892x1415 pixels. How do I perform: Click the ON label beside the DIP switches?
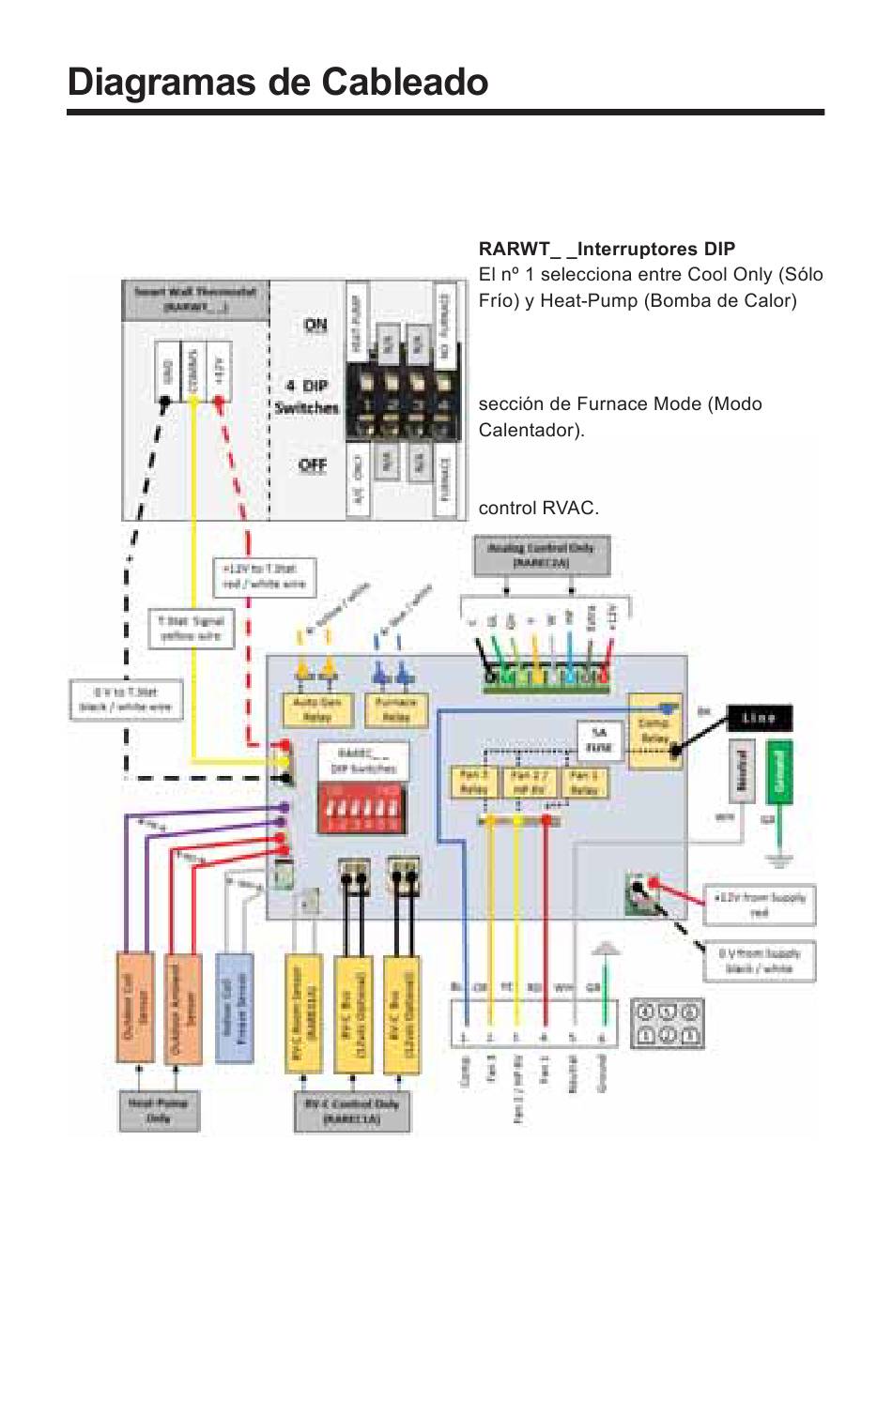315,325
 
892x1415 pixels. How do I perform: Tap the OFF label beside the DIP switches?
313,465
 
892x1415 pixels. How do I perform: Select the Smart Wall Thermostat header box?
194,299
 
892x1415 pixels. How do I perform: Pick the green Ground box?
778,770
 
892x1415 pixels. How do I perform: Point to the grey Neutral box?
741,770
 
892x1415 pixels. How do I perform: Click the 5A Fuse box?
599,740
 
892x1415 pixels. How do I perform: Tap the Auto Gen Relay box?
316,709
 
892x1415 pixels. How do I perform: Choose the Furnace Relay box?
395,709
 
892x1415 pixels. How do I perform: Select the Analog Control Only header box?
541,555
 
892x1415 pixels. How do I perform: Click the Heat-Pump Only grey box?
159,1110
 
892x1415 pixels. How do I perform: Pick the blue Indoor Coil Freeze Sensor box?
234,1008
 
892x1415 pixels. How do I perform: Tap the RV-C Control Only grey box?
351,1112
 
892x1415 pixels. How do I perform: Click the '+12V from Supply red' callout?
760,905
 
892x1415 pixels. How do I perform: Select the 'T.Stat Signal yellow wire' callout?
191,629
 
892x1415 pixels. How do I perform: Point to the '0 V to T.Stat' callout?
126,700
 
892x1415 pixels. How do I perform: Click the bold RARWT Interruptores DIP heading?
607,250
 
